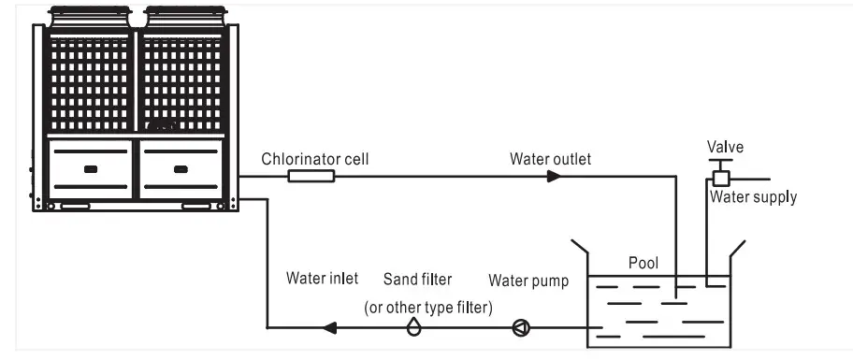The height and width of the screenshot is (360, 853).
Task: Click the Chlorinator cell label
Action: (315, 159)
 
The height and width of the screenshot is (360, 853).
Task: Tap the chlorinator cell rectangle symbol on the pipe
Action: (311, 176)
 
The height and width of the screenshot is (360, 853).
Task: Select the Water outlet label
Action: (550, 159)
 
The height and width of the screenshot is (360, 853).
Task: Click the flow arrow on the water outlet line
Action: (553, 176)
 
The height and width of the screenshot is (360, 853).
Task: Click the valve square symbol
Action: (721, 178)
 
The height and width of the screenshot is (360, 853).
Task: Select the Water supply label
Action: (753, 197)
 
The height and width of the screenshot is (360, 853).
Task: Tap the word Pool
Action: (643, 264)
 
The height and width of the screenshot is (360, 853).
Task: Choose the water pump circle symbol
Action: (521, 327)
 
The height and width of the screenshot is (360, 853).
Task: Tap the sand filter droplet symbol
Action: (413, 326)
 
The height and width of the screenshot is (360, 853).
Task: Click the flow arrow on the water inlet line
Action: (328, 327)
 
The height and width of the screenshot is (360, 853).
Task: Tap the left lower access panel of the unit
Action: (90, 169)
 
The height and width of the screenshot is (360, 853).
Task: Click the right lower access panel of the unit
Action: (181, 169)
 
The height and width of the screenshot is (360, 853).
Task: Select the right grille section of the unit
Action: (181, 84)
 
